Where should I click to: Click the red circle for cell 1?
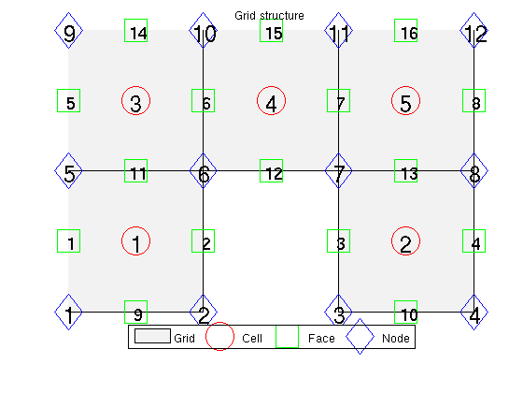point(121,241)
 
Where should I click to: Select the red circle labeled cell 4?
point(257,101)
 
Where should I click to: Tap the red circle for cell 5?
point(391,101)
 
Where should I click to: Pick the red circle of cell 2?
point(391,241)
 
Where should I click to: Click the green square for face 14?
point(125,30)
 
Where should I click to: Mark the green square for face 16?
point(394,30)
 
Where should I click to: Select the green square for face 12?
point(261,170)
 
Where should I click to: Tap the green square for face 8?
point(463,101)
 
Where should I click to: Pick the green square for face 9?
point(125,313)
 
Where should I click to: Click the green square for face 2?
point(192,241)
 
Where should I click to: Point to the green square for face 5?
point(58,101)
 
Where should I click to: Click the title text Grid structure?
point(270,16)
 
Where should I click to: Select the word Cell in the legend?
point(252,338)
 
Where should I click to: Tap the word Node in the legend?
point(396,338)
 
